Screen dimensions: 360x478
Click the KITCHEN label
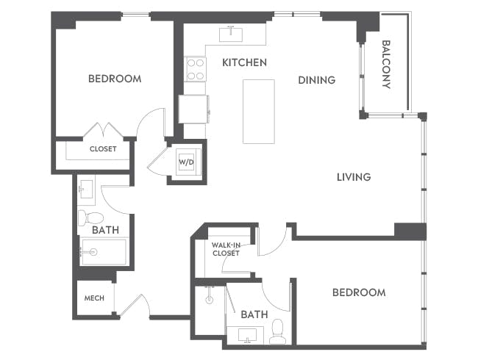244,62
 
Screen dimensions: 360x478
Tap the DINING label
316,80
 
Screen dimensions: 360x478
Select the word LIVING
353,177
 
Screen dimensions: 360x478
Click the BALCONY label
386,64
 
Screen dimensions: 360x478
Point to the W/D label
185,162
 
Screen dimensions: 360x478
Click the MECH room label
93,298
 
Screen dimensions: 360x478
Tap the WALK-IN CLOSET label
225,249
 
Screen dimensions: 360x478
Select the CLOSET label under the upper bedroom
103,149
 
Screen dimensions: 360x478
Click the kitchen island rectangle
259,112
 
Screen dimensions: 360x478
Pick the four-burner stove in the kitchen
196,69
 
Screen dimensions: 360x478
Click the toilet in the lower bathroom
277,332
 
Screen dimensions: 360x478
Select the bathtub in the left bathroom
102,251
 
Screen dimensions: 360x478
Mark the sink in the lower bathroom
245,336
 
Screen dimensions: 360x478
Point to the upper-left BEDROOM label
114,79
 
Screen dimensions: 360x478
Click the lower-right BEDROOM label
358,292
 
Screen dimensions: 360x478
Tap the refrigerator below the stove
194,109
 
